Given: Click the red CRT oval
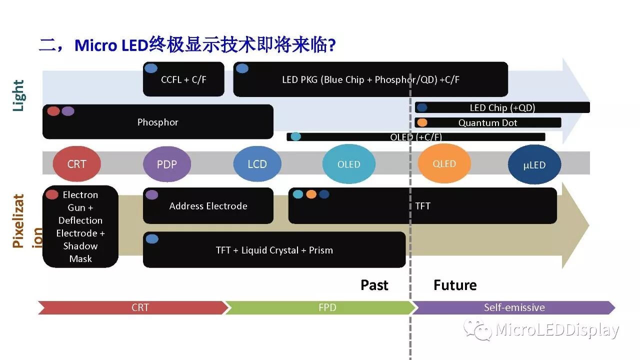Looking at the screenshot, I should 76,164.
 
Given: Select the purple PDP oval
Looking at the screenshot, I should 167,164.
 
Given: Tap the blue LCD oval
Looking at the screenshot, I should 257,164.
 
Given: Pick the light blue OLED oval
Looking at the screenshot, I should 348,164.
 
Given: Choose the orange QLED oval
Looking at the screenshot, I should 444,163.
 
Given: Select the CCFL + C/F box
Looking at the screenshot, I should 183,79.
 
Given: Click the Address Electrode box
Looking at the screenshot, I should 208,206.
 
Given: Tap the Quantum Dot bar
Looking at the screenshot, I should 487,122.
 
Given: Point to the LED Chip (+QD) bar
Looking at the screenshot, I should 502,107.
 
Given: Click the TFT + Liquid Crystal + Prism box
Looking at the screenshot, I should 274,250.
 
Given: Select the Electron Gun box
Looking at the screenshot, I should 80,226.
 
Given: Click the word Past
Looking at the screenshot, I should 374,285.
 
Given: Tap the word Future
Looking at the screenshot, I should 455,285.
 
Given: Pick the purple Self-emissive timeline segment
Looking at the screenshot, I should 514,307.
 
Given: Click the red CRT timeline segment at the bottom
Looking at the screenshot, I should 133,307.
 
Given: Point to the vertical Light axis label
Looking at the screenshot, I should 18,95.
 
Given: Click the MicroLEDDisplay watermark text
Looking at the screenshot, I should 557,330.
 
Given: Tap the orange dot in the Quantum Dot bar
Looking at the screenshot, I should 422,122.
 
